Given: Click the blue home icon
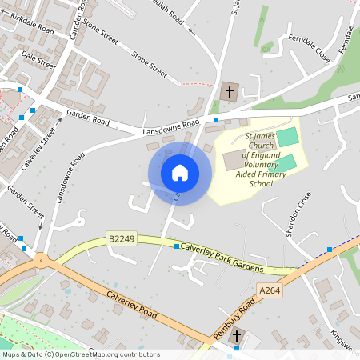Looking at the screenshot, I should tap(180, 172).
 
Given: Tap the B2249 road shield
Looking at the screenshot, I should tap(121, 238).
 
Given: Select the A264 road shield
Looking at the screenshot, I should tap(270, 290).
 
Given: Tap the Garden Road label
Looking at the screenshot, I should tap(88, 119).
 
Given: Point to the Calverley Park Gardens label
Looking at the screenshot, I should tap(223, 257).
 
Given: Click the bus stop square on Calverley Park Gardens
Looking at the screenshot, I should tap(177, 247).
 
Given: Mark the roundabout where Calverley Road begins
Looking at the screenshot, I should tap(40, 260).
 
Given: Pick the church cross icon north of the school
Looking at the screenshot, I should tap(229, 92).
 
